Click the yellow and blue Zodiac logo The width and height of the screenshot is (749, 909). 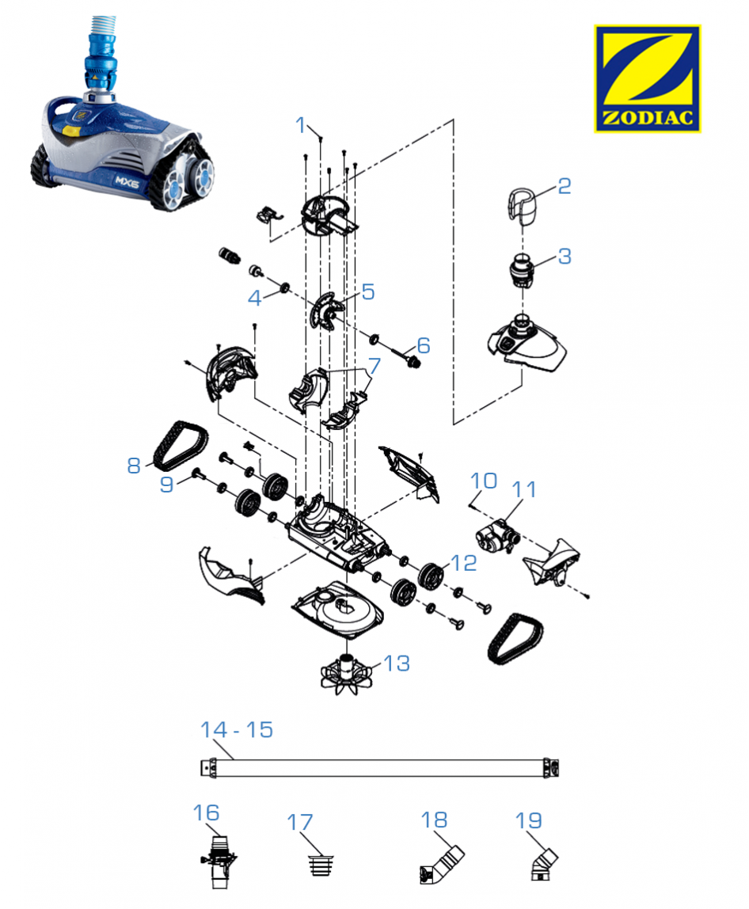coord(647,78)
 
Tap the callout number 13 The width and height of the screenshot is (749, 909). coord(396,663)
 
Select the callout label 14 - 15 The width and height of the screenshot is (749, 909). coord(237,729)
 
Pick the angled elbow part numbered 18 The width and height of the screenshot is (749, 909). coord(440,865)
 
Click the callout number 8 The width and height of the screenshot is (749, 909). coord(133,465)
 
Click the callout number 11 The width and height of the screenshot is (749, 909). coord(523,490)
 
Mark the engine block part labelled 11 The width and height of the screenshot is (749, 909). coord(495,537)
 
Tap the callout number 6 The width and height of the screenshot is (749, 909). coord(424,345)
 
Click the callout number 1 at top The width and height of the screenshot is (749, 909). coord(301,124)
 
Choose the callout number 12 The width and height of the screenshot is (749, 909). coord(464,563)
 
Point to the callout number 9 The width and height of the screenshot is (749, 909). coord(166,484)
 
